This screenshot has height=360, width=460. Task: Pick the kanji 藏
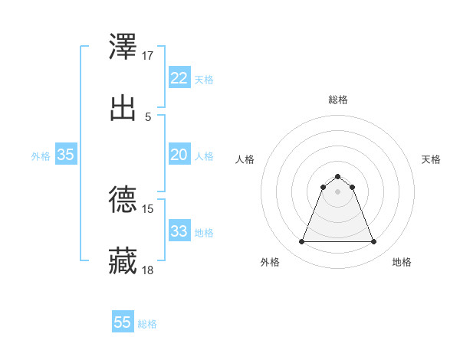[x=123, y=260]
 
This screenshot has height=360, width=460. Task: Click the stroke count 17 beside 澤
[x=148, y=56]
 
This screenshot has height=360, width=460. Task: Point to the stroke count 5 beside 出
[x=148, y=116]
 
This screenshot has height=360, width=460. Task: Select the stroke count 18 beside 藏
[x=148, y=270]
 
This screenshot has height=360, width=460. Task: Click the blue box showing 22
[x=179, y=78]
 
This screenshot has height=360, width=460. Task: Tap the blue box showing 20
[x=179, y=155]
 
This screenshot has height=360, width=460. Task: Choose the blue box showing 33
[x=179, y=231]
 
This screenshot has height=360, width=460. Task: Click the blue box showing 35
[x=66, y=155]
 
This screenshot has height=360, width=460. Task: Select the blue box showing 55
[x=123, y=322]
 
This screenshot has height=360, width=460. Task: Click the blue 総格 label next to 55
[x=147, y=324]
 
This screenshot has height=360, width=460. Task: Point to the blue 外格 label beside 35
[x=41, y=156]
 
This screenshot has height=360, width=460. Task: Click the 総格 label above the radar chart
[x=338, y=100]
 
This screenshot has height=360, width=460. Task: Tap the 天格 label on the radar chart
[x=432, y=159]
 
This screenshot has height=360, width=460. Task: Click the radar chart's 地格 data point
[x=374, y=242]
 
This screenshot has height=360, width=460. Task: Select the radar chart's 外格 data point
[x=301, y=242]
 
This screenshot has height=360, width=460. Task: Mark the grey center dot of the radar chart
[x=338, y=191]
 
